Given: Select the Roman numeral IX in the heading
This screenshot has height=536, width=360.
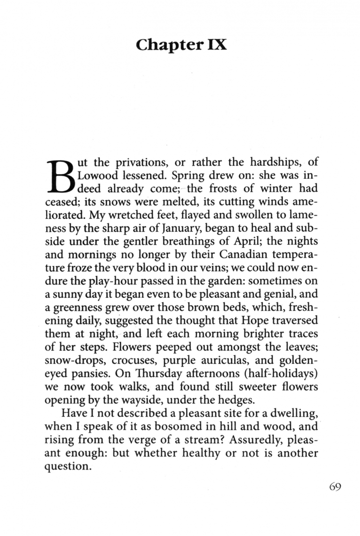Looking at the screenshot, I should [x=214, y=45].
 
